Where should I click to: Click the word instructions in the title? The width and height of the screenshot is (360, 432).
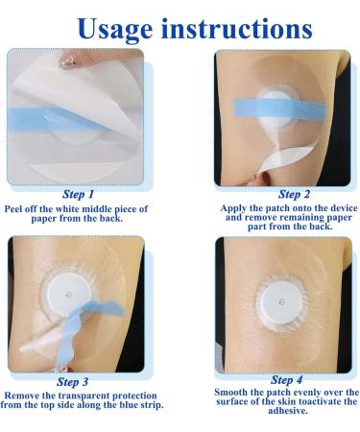click(x=237, y=28)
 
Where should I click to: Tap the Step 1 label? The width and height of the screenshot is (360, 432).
click(x=78, y=194)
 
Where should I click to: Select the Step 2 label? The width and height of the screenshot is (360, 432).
click(x=294, y=194)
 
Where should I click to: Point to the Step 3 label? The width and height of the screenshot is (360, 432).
click(x=72, y=382)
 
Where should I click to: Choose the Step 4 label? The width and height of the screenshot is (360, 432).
click(x=286, y=380)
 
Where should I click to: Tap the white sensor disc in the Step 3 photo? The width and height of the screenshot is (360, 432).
click(x=68, y=295)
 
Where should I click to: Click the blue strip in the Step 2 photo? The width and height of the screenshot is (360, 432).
click(x=279, y=108)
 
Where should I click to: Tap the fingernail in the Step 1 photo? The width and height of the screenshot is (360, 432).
click(x=67, y=61)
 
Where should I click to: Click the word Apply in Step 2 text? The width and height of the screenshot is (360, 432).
click(x=231, y=208)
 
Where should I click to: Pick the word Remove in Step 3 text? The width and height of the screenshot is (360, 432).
click(x=21, y=396)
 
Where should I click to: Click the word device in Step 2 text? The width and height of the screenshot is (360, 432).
click(x=344, y=208)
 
